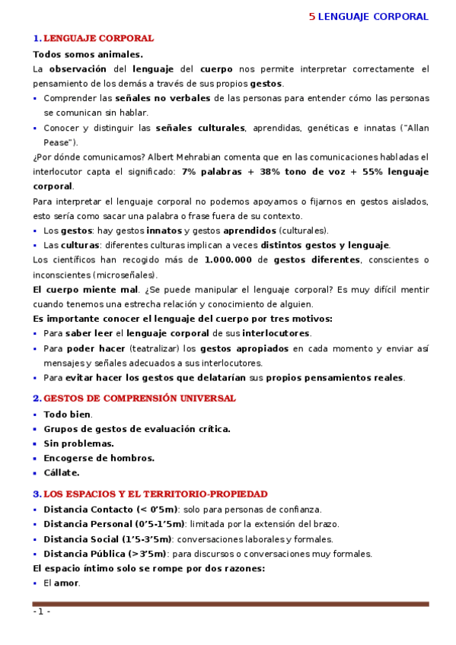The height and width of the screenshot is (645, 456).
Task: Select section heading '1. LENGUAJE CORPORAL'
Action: [94, 38]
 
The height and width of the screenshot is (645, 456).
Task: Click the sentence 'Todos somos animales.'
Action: [88, 54]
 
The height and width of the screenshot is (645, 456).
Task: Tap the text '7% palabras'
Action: [212, 171]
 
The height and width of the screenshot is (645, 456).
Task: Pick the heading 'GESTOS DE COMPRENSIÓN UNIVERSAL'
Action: [139, 398]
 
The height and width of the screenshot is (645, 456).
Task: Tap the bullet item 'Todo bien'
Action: [67, 415]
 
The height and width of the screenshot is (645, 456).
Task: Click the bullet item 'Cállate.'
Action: [62, 472]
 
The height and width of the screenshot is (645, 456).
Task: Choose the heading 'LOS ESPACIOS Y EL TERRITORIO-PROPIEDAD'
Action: [155, 494]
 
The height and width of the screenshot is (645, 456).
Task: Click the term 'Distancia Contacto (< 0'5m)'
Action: [110, 510]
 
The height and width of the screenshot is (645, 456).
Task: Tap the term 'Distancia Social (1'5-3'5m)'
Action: [107, 539]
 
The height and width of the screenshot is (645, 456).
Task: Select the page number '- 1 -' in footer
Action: [41, 612]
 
